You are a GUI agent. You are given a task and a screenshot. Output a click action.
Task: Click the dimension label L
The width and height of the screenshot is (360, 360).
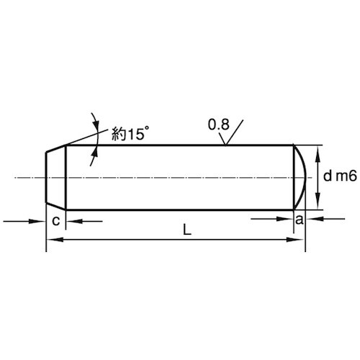click(187, 230)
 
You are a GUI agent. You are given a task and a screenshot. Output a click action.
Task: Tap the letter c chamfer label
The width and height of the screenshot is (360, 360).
click(55, 221)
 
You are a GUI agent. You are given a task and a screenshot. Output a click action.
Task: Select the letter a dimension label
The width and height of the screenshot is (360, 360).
click(300, 220)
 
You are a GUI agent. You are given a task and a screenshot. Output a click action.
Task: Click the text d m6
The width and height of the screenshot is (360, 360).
click(340, 176)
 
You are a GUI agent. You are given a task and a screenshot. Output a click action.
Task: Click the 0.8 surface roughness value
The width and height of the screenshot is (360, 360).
click(219, 125)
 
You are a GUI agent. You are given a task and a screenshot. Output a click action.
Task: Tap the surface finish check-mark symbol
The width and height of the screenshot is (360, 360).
click(230, 132)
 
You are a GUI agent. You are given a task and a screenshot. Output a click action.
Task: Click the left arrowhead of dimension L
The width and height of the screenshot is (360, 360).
click(55, 240)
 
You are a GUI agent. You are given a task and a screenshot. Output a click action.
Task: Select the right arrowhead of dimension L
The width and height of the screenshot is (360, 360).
click(296, 240)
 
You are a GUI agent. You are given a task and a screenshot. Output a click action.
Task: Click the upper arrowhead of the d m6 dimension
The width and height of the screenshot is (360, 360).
click(318, 153)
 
